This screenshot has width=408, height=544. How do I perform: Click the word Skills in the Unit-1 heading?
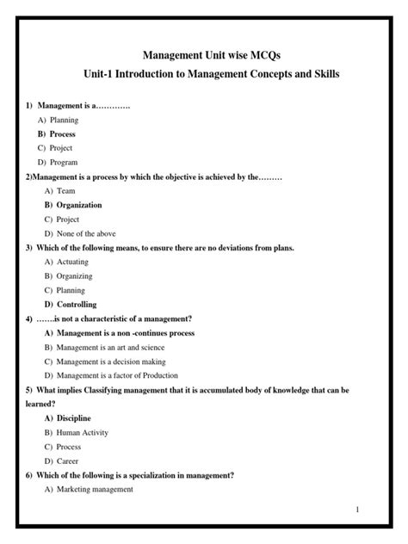[322, 76]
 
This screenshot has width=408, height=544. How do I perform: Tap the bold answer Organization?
[78, 205]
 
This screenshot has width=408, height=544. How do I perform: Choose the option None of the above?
[85, 233]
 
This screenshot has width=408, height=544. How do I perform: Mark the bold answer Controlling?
[76, 304]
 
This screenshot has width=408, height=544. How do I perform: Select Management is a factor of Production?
[116, 374]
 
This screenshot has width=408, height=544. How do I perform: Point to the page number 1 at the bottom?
[380, 510]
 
